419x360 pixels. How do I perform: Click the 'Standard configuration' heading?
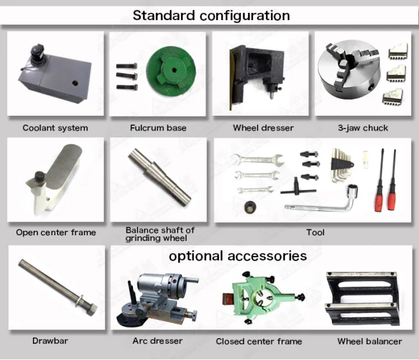(x=211, y=15)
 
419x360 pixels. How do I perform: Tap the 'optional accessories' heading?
(x=238, y=256)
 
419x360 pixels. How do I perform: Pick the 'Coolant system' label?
(x=55, y=128)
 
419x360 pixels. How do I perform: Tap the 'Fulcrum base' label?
(x=158, y=128)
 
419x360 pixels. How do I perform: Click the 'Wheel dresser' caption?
(x=263, y=128)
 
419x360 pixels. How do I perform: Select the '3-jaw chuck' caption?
(x=363, y=128)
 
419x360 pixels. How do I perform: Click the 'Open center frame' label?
(x=56, y=233)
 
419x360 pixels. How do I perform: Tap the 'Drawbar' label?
(x=50, y=341)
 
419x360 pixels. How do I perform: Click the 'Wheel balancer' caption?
(x=369, y=341)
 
